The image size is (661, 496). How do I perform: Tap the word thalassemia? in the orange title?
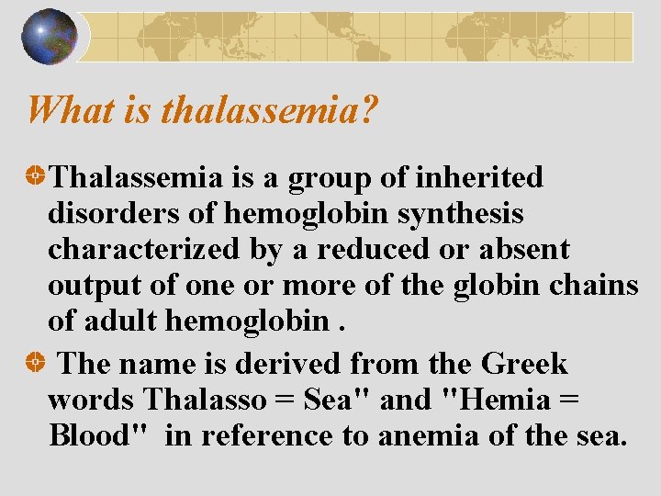(x=269, y=111)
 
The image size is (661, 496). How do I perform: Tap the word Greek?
(x=525, y=364)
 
